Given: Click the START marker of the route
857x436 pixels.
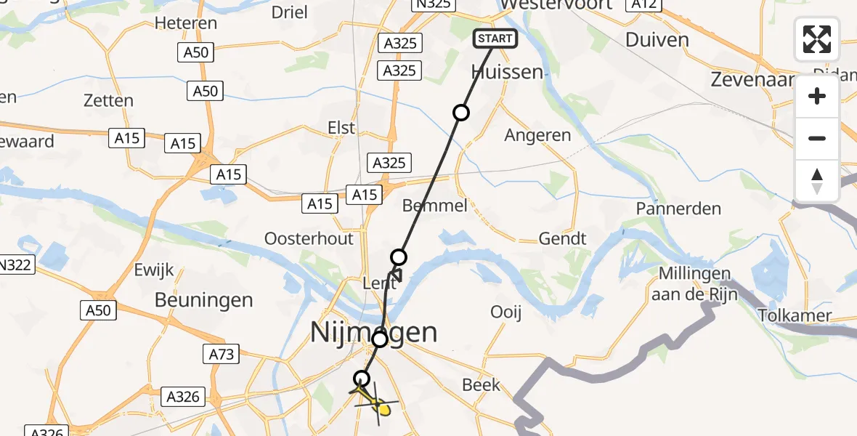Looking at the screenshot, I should pyautogui.click(x=495, y=39).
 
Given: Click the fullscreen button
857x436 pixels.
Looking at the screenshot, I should pyautogui.click(x=817, y=39).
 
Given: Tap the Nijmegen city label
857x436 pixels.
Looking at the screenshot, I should pyautogui.click(x=374, y=333).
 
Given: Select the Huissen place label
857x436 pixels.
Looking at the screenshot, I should pyautogui.click(x=506, y=72).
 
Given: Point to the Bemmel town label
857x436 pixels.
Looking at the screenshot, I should pyautogui.click(x=435, y=206).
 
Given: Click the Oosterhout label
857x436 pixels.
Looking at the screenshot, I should pyautogui.click(x=309, y=238).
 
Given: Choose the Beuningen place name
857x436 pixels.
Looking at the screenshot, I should pyautogui.click(x=203, y=300).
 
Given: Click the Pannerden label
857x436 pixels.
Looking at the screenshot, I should pyautogui.click(x=678, y=209).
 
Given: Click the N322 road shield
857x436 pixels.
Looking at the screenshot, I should pyautogui.click(x=17, y=265).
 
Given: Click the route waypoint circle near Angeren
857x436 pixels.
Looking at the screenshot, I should pyautogui.click(x=460, y=112).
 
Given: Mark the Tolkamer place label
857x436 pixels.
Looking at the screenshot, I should pyautogui.click(x=794, y=316).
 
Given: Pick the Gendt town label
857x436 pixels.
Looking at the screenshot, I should pyautogui.click(x=562, y=238).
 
